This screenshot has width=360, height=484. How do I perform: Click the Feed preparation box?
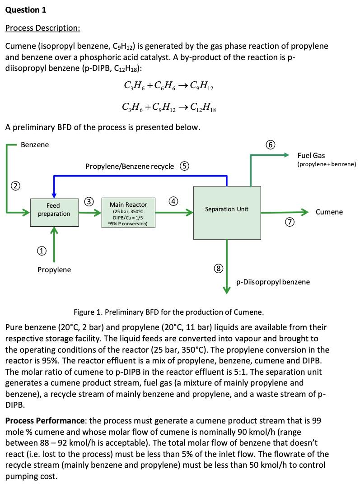[x=54, y=210]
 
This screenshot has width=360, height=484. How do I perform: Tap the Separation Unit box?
[x=226, y=209]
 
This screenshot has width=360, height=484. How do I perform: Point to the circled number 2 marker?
[x=15, y=186]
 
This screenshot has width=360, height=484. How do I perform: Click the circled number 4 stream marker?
[x=173, y=200]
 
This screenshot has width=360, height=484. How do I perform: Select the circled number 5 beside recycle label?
[x=185, y=166]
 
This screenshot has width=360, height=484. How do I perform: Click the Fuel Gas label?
[x=311, y=156]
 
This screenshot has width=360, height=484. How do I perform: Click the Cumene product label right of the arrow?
[x=329, y=212]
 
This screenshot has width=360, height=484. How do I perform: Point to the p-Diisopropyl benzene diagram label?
[x=273, y=282]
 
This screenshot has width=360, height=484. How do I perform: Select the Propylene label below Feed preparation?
[x=54, y=270]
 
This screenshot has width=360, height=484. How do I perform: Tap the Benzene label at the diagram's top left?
[x=35, y=144]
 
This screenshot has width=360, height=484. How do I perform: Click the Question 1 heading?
[x=26, y=9]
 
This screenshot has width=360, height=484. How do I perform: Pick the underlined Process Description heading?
[x=42, y=28]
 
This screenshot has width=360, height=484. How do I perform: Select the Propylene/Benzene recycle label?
[x=129, y=166]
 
